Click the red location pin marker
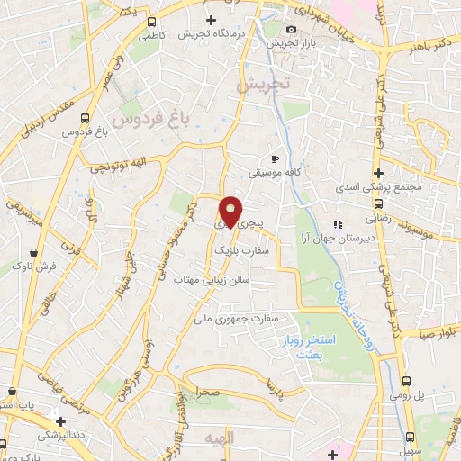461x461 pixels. pyautogui.click(x=231, y=211)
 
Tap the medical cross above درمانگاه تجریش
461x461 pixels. pyautogui.click(x=212, y=20)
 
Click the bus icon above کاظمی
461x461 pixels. pyautogui.click(x=149, y=22)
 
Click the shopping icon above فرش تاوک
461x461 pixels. pyautogui.click(x=33, y=252)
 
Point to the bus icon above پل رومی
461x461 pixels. pyautogui.click(x=408, y=381)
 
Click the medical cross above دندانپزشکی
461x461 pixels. pyautogui.click(x=59, y=420)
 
